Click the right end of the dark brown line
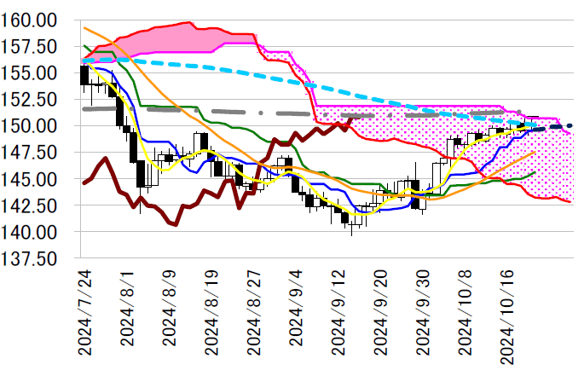(x=352, y=120)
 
